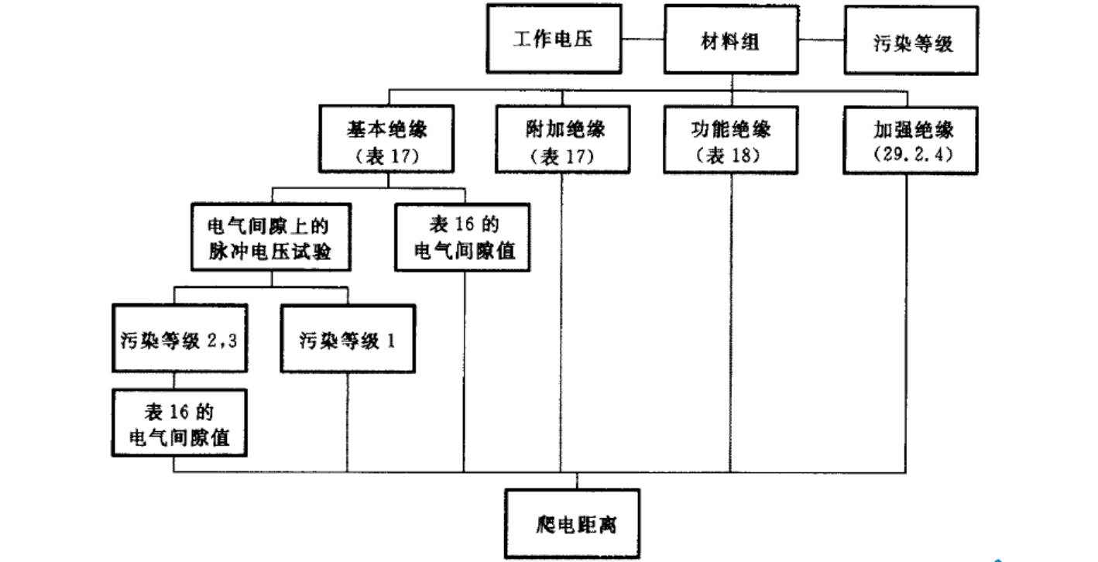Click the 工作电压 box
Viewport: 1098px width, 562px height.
point(554,39)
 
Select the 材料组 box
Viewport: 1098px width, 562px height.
point(731,39)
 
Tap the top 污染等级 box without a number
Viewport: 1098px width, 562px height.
point(911,41)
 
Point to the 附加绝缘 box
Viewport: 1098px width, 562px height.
point(562,139)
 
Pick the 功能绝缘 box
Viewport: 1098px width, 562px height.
point(731,139)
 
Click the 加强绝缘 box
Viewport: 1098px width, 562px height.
point(911,140)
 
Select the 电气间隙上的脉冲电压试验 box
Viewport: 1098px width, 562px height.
point(269,237)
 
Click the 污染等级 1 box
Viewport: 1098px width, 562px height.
point(348,338)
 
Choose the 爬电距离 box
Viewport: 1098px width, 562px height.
point(573,523)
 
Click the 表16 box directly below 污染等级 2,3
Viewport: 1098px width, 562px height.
point(180,423)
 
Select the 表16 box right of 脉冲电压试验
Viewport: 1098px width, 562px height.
point(463,237)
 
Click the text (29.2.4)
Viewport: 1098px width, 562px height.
point(911,154)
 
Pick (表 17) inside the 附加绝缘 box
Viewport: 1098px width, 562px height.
point(562,156)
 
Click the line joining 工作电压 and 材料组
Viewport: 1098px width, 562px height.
point(643,39)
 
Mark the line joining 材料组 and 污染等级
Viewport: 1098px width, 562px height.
point(822,39)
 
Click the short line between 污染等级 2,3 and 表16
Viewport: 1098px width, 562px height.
point(173,381)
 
